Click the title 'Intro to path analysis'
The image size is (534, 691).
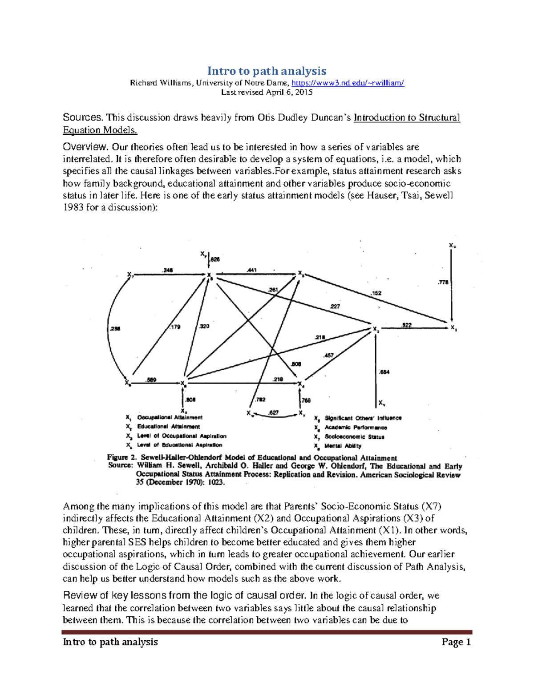(267, 71)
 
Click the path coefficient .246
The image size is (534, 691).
(168, 270)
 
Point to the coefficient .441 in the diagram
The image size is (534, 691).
(251, 270)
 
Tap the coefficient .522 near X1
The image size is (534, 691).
(406, 325)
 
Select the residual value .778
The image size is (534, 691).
(443, 282)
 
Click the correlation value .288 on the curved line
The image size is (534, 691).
(115, 329)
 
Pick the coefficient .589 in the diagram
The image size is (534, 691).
(151, 380)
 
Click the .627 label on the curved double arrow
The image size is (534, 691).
(274, 412)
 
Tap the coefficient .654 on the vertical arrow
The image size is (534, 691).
(384, 372)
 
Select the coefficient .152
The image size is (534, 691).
(376, 293)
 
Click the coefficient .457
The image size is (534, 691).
(328, 355)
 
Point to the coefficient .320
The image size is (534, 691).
(204, 326)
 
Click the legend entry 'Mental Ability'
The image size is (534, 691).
(343, 446)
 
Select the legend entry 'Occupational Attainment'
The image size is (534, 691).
(170, 417)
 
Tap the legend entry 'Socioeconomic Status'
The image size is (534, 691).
(354, 437)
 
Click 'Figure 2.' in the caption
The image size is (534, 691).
(122, 457)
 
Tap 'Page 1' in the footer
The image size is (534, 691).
(456, 642)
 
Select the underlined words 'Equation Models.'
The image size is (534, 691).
(100, 130)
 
